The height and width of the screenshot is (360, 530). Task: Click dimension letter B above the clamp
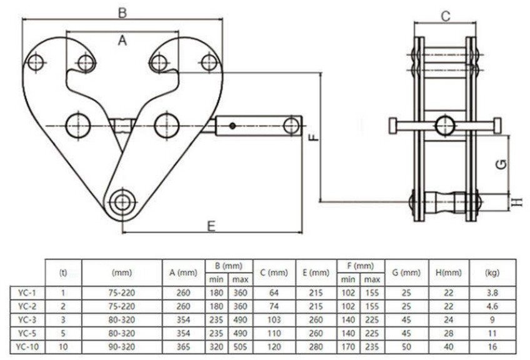(x=123, y=12)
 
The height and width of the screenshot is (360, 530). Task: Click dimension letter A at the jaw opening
(x=123, y=41)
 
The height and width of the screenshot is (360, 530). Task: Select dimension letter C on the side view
(x=446, y=17)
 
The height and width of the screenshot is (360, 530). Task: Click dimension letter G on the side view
(x=500, y=164)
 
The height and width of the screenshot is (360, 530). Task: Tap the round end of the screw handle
(x=291, y=125)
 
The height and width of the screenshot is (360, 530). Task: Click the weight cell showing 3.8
(x=491, y=292)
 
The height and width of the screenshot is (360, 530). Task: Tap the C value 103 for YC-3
(x=274, y=318)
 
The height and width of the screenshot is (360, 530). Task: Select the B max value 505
(x=240, y=345)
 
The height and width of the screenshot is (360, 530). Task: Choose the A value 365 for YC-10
(x=182, y=345)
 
